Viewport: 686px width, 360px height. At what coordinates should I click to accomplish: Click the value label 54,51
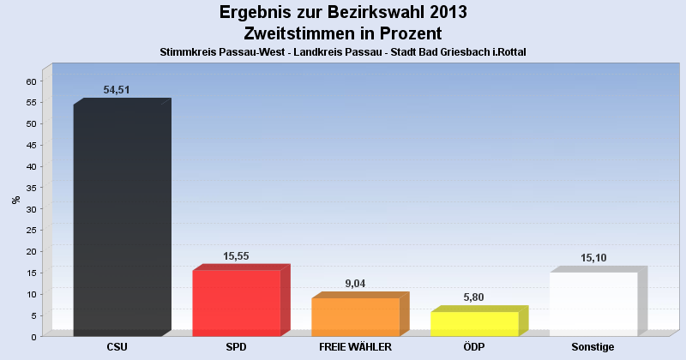117,90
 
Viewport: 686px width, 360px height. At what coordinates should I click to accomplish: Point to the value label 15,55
236,256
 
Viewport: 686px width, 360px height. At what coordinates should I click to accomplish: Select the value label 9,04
355,284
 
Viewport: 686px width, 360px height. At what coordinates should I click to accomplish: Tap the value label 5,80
474,297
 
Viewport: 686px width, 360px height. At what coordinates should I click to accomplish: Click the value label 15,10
593,257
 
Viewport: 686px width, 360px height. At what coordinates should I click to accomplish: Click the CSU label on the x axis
118,347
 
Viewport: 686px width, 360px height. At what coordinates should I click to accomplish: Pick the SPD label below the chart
237,347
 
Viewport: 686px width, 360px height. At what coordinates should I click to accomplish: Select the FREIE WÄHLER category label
355,347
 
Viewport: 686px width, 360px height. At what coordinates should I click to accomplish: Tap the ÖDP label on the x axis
474,347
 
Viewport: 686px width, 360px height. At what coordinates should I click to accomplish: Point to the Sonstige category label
593,347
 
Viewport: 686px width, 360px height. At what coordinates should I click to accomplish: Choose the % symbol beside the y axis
15,201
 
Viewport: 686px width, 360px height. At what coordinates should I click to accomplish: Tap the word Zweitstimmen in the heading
296,33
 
